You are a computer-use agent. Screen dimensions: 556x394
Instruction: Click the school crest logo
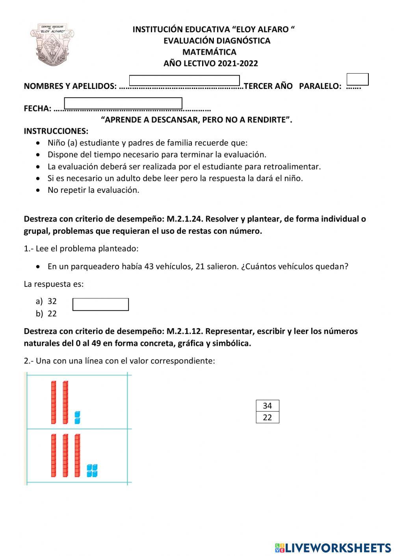coord(52,44)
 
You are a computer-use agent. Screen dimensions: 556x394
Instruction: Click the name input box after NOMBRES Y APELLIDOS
coord(184,80)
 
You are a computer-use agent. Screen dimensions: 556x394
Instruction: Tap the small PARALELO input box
coord(357,79)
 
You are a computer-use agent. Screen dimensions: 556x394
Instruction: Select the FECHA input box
coord(123,103)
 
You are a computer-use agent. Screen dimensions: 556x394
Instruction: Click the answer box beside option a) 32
coord(100,304)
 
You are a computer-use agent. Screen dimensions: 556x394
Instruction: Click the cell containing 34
coord(267,406)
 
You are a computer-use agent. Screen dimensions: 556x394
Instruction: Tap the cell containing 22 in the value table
coord(267,417)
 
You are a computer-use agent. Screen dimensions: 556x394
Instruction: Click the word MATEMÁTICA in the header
coord(209,52)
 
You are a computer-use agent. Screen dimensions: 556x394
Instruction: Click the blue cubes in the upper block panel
coord(77,417)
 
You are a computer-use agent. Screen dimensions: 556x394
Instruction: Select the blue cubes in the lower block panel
coord(92,470)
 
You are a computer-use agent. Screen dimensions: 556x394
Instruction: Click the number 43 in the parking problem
coord(149,266)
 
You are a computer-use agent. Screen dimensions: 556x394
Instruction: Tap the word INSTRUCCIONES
coord(56,131)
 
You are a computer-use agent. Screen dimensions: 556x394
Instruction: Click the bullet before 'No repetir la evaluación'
coord(38,190)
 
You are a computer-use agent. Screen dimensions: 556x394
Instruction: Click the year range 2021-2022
coord(238,63)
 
